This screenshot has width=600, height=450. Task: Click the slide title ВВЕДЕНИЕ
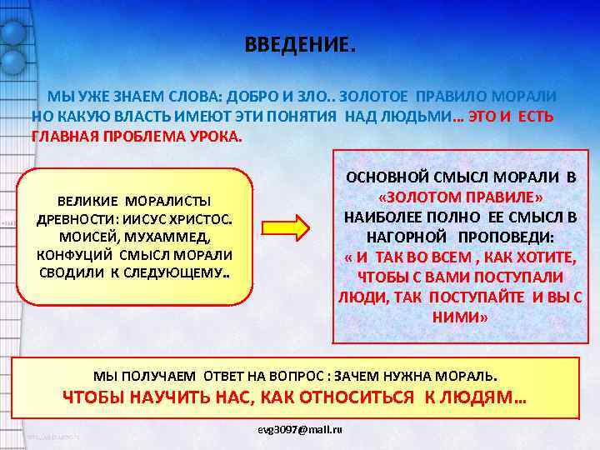coord(299,45)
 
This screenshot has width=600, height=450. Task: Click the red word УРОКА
coord(220,137)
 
